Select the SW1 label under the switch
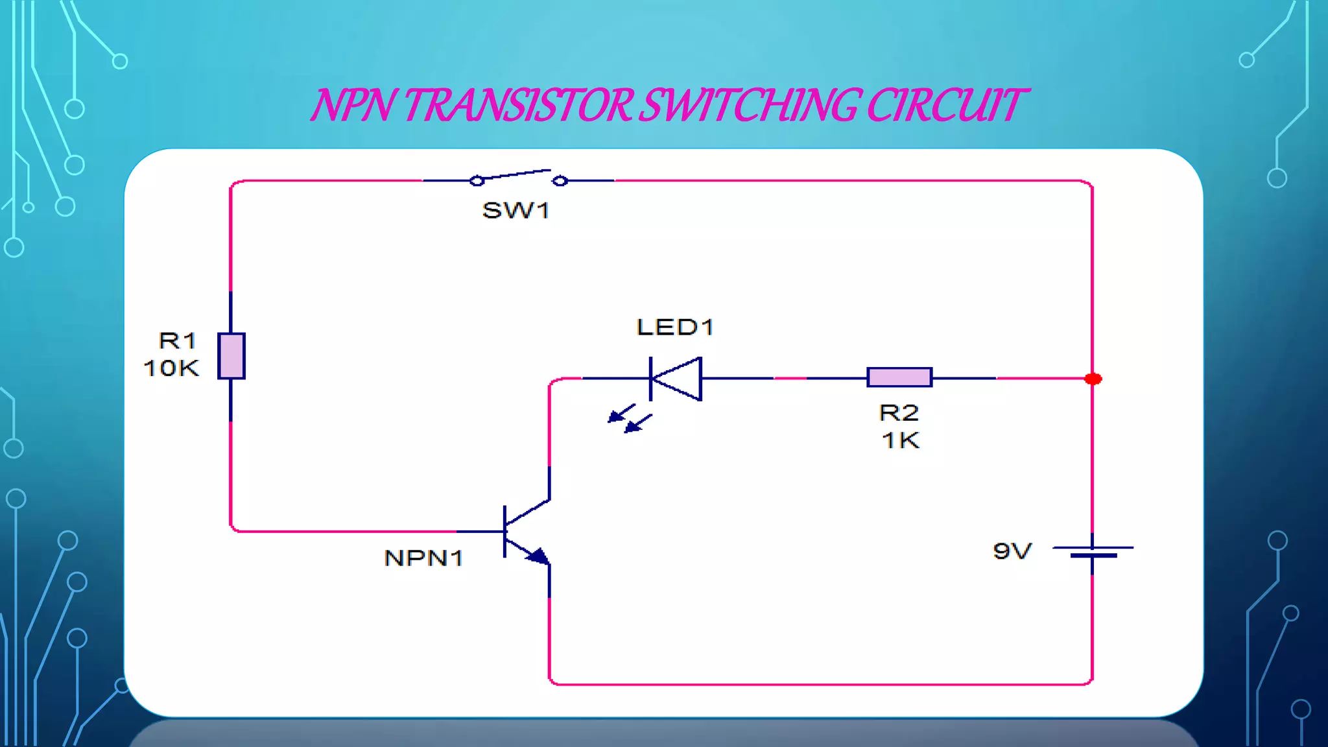[516, 211]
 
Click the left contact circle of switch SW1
[477, 181]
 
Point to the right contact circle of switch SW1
[560, 181]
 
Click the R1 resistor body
[231, 356]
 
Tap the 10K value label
[171, 368]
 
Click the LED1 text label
[674, 327]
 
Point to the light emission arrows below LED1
[629, 419]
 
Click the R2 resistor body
[899, 377]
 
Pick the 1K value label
[900, 441]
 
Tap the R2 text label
[899, 413]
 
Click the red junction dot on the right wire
[1093, 379]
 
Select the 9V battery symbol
[1093, 552]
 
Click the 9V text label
[1012, 551]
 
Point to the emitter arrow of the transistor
[538, 556]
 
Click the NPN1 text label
[423, 558]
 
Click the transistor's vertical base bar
[504, 532]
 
